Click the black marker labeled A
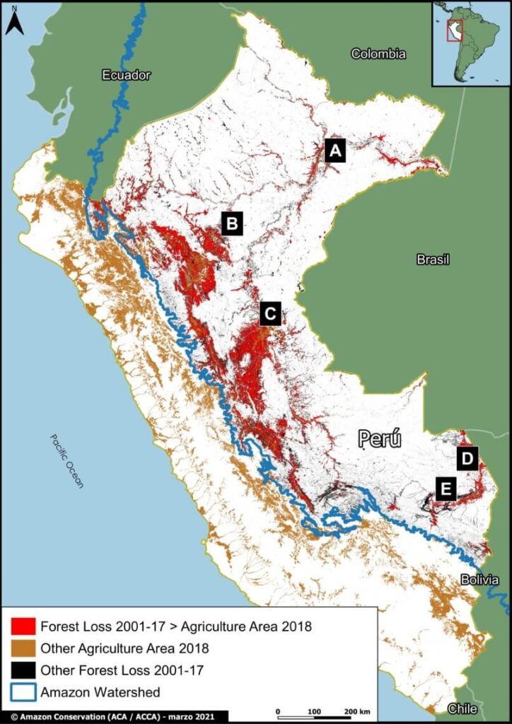335,151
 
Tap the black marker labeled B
232,223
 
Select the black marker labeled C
270,313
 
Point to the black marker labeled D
467,458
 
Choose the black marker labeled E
446,489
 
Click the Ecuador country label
126,76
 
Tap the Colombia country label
378,54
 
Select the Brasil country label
433,259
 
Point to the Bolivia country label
479,580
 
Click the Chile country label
462,708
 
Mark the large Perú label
380,439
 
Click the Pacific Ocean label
66,461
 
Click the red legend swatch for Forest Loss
23,626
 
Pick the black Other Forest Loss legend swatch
23,670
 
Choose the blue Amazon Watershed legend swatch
23,692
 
